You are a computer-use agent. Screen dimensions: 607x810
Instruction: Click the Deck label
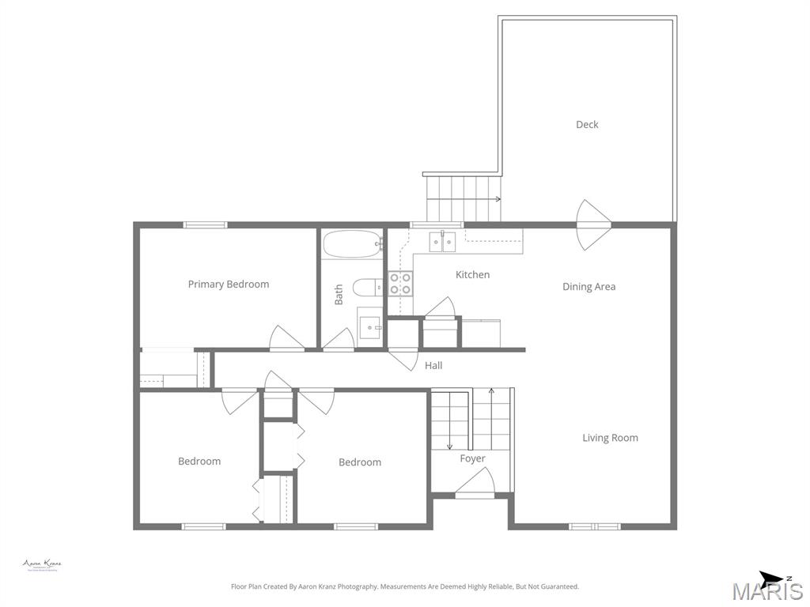[x=587, y=124]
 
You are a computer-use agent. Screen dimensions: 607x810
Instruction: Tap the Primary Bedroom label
[x=228, y=284]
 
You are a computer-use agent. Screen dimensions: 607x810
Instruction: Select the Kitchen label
[x=472, y=274]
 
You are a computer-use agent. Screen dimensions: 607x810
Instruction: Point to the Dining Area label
[x=589, y=286]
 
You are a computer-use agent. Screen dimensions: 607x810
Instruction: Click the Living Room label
[x=610, y=437]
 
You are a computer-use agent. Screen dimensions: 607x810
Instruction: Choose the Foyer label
[x=472, y=458]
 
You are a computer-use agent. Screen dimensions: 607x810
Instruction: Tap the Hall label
[x=433, y=365]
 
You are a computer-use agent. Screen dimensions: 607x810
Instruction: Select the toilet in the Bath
[x=366, y=286]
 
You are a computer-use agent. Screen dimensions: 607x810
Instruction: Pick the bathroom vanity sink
[x=369, y=326]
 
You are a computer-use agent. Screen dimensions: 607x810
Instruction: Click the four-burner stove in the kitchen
[x=400, y=283]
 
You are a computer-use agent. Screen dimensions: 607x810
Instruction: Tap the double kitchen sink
[x=442, y=241]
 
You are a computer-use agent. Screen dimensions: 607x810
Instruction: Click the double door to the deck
[x=593, y=225]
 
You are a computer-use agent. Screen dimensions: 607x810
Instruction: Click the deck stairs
[x=464, y=198]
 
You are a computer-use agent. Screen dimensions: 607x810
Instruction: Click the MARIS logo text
[x=766, y=591]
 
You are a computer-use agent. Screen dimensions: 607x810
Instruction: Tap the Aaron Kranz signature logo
[x=42, y=564]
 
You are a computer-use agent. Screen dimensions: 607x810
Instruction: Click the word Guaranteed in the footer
[x=559, y=586]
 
